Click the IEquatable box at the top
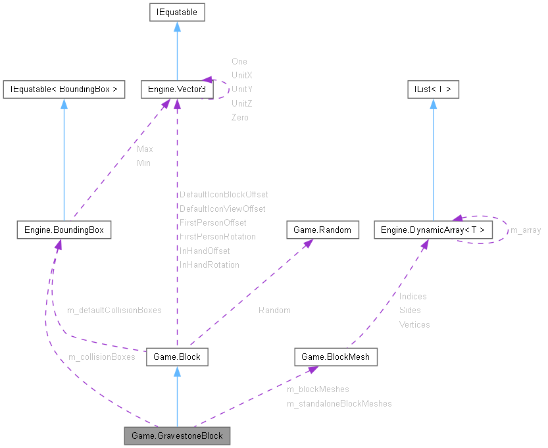(176, 12)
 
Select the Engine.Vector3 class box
(174, 89)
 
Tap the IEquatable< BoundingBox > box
(64, 89)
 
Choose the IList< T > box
(432, 89)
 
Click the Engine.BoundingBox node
(63, 230)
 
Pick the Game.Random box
(322, 230)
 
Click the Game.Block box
(176, 357)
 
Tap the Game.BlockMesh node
(336, 357)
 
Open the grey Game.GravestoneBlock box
(177, 436)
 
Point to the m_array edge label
(526, 230)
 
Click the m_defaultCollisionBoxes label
(114, 310)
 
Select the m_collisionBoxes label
(101, 357)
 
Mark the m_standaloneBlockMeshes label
(339, 403)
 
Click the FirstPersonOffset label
(212, 222)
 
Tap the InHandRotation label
(209, 264)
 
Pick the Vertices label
(414, 324)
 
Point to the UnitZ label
(241, 103)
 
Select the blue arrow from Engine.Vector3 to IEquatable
(176, 53)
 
